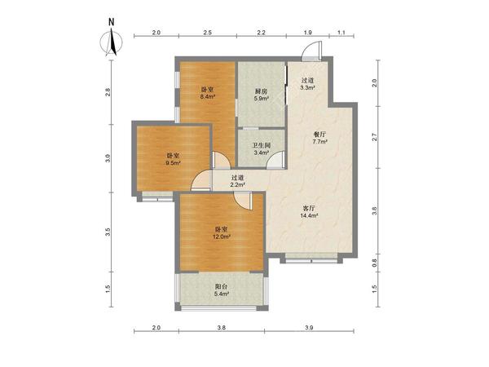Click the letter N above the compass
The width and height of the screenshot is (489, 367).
pyautogui.click(x=112, y=22)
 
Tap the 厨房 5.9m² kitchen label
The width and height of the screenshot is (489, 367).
pyautogui.click(x=262, y=95)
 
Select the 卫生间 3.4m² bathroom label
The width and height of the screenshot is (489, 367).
pyautogui.click(x=262, y=149)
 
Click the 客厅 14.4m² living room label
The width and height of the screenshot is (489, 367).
pyautogui.click(x=309, y=211)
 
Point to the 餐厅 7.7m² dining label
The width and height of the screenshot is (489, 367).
pyautogui.click(x=319, y=138)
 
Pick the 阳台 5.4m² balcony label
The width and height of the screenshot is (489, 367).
pyautogui.click(x=221, y=290)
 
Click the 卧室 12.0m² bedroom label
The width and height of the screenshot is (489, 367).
pyautogui.click(x=221, y=232)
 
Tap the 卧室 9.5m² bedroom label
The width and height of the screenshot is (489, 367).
pyautogui.click(x=173, y=159)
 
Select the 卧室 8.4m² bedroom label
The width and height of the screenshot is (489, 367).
pyautogui.click(x=208, y=93)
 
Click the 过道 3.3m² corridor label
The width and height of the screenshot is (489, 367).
pyautogui.click(x=307, y=84)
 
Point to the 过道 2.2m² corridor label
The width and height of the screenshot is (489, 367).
pyautogui.click(x=237, y=181)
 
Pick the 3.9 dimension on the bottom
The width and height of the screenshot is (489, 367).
pyautogui.click(x=309, y=328)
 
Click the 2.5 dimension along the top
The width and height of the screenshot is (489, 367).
pyautogui.click(x=208, y=33)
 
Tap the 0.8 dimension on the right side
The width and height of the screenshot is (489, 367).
pyautogui.click(x=375, y=263)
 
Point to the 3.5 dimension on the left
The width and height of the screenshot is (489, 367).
pyautogui.click(x=108, y=232)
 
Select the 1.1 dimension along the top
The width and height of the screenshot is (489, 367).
pyautogui.click(x=341, y=33)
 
